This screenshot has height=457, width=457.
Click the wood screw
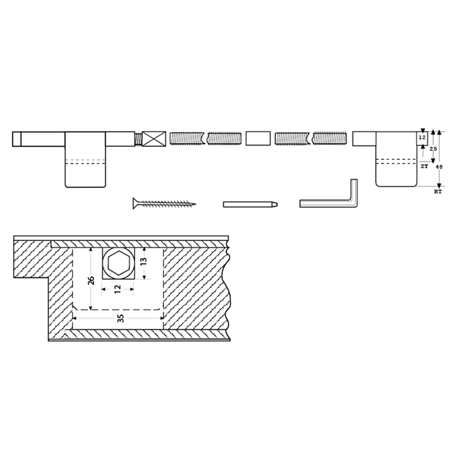click(x=164, y=203)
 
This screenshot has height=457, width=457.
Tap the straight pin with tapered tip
click(x=250, y=205)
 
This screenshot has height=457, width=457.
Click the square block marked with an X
click(x=154, y=139)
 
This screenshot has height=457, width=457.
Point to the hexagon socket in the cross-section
click(x=119, y=263)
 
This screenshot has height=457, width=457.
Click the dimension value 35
click(x=121, y=318)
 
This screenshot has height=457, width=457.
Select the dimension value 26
click(x=91, y=280)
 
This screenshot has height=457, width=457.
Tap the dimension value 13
click(x=144, y=260)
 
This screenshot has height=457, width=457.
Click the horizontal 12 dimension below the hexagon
click(x=118, y=289)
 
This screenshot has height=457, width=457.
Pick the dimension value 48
click(x=439, y=167)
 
